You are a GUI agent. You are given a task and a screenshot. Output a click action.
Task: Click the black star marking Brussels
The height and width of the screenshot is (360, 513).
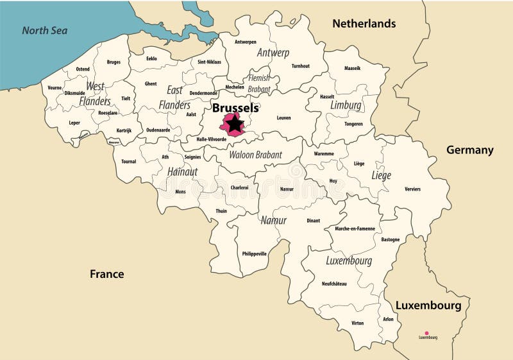[235, 123]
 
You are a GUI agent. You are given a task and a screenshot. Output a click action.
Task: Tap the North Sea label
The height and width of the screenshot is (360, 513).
[44, 30]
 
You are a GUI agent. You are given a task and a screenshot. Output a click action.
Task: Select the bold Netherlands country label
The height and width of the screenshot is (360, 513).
[364, 24]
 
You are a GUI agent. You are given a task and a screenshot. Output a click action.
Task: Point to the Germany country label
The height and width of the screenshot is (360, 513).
[469, 150]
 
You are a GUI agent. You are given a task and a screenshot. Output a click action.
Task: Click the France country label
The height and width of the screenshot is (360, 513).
[106, 274]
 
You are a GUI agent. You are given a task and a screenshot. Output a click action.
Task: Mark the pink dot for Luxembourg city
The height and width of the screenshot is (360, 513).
[427, 333]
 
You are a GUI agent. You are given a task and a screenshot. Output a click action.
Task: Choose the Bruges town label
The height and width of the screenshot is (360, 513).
[114, 62]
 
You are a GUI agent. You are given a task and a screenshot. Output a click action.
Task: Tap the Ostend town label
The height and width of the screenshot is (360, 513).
[83, 69]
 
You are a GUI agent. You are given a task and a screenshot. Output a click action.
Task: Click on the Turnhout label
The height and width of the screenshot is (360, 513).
[300, 66]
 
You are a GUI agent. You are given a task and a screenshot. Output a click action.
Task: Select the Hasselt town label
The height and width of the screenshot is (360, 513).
[327, 96]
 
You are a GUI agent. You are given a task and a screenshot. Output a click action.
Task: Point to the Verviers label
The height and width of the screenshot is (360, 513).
[413, 189]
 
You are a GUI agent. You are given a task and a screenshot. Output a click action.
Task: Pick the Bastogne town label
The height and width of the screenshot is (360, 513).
[390, 239]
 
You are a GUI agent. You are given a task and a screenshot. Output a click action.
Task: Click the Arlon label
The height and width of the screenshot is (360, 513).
[388, 318]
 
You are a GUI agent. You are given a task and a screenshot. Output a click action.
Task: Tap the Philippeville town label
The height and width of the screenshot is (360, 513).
[254, 253]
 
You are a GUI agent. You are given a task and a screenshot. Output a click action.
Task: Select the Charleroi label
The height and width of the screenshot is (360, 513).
[239, 187]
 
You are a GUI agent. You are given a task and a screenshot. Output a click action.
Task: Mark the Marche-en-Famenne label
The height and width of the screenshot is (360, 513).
[355, 228]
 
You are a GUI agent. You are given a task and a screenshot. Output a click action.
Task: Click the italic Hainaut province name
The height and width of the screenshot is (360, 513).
[182, 172]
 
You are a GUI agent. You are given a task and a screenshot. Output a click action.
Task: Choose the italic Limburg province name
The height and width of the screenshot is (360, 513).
[346, 105]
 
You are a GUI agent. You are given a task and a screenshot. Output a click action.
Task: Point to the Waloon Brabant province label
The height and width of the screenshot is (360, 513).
[255, 154]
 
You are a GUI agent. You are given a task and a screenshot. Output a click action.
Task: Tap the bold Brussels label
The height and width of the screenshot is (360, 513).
[235, 108]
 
